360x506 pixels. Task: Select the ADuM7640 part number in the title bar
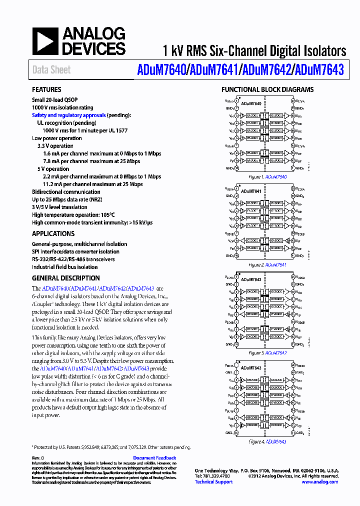[160, 70]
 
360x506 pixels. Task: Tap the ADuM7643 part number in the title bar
[319, 70]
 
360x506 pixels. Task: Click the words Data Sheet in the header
[51, 70]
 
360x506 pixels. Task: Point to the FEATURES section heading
[46, 90]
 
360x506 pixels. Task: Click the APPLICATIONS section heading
[53, 233]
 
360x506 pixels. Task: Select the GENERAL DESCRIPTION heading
[65, 278]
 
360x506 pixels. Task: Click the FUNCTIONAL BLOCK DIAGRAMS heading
[267, 90]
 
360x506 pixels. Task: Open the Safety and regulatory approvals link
[69, 115]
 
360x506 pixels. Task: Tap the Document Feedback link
[154, 458]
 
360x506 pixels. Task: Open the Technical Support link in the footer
[213, 481]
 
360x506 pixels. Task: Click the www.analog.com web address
[319, 481]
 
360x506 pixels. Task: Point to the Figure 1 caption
[267, 177]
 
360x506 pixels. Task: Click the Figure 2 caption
[267, 265]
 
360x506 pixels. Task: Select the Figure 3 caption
[267, 353]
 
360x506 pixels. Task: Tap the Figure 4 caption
[267, 441]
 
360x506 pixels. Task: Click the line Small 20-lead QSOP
[54, 100]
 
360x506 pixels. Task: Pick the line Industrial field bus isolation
[64, 267]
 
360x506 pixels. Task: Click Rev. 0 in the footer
[38, 458]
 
